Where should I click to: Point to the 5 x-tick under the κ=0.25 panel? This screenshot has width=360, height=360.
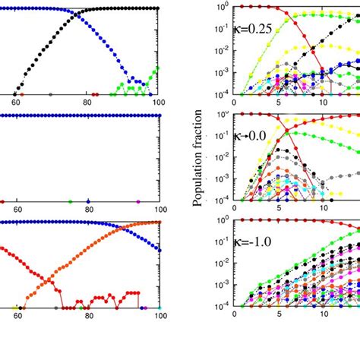click(x=280, y=103)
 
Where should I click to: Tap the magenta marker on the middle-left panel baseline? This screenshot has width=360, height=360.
click(x=137, y=202)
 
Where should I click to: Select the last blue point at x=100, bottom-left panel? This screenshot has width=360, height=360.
click(x=159, y=249)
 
